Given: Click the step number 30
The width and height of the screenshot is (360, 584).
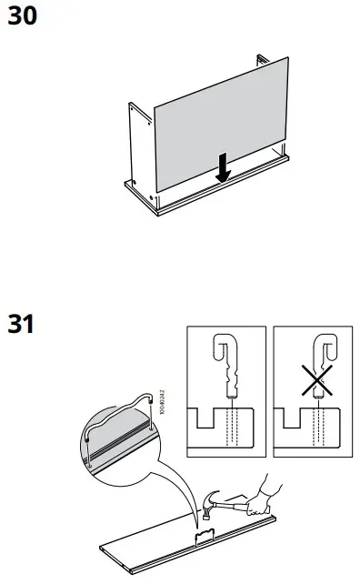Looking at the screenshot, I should (24, 16).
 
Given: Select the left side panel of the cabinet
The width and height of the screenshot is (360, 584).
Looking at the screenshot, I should (137, 150).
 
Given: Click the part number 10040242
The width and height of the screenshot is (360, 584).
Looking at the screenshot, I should (161, 398).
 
